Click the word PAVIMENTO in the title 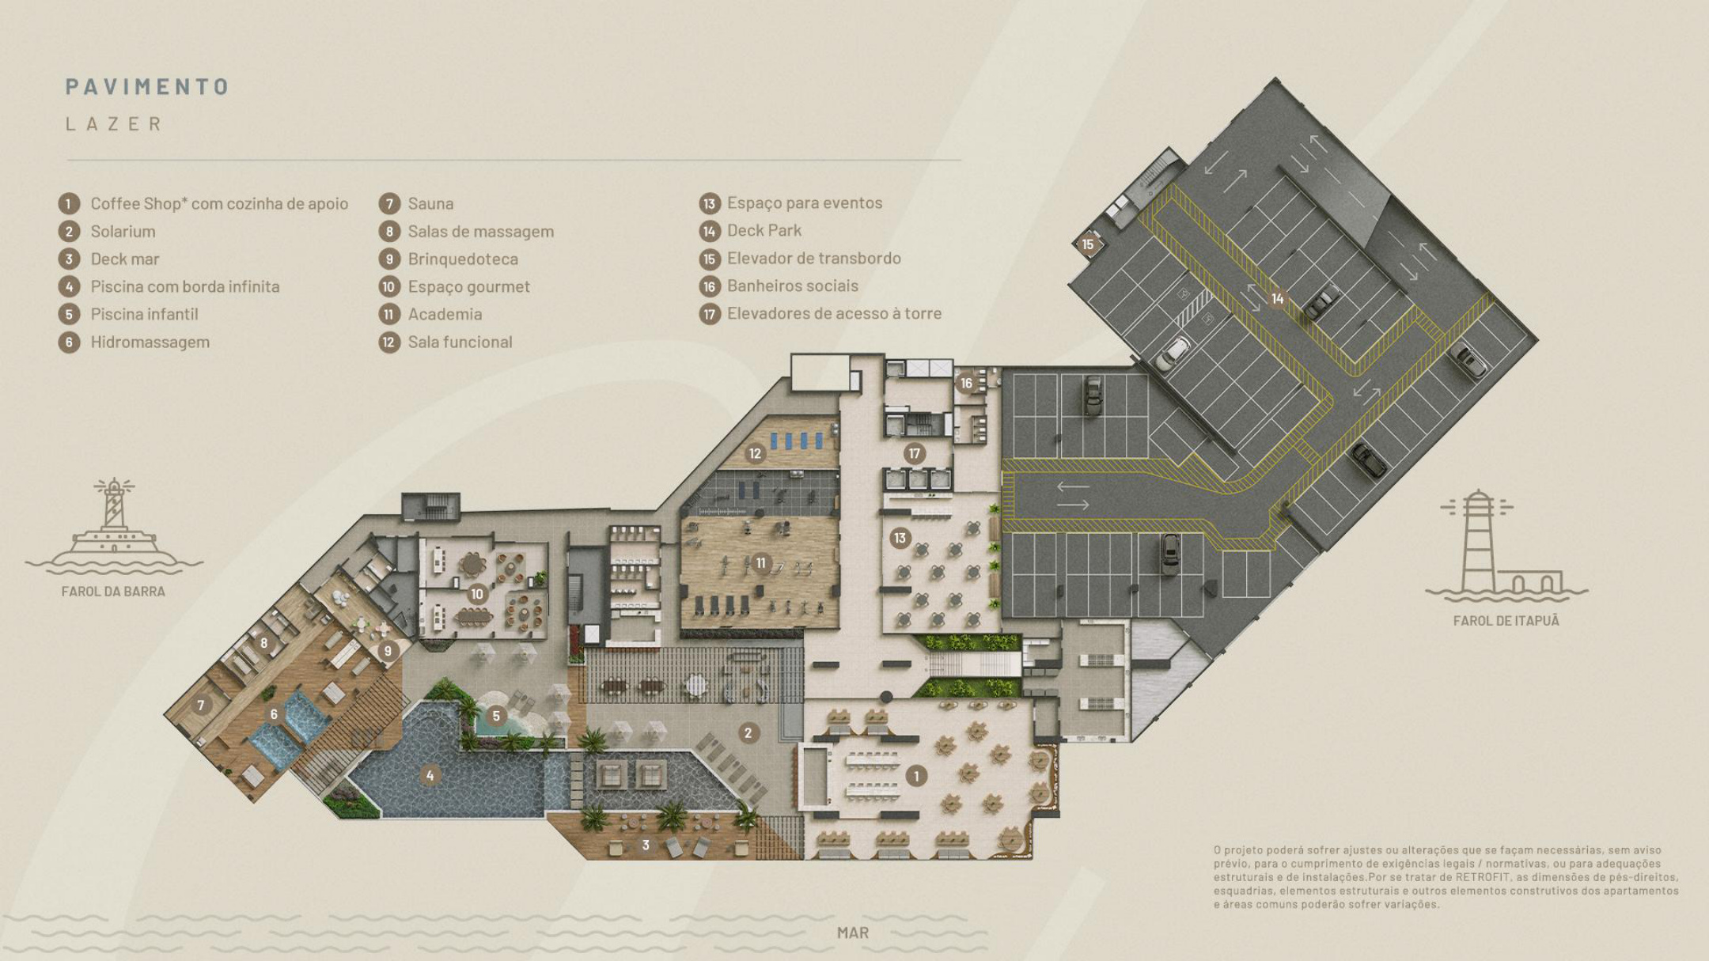147,86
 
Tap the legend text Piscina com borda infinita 185,286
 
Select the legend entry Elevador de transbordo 814,258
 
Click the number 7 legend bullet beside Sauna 388,203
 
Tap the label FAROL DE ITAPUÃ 1506,621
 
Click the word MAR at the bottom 853,933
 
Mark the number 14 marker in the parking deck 1277,299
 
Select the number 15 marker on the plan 1088,244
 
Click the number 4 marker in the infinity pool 430,776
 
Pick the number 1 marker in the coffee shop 916,776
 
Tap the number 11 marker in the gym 760,562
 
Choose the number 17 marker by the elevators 915,454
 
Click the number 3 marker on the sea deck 646,846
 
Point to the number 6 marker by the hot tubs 274,714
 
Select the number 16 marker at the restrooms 966,384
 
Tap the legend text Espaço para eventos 805,202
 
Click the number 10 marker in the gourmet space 476,594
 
